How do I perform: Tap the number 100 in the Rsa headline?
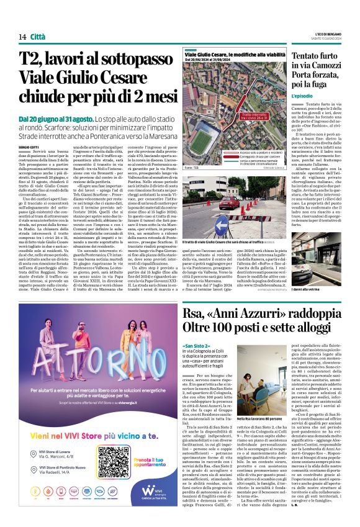(x=236, y=326)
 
